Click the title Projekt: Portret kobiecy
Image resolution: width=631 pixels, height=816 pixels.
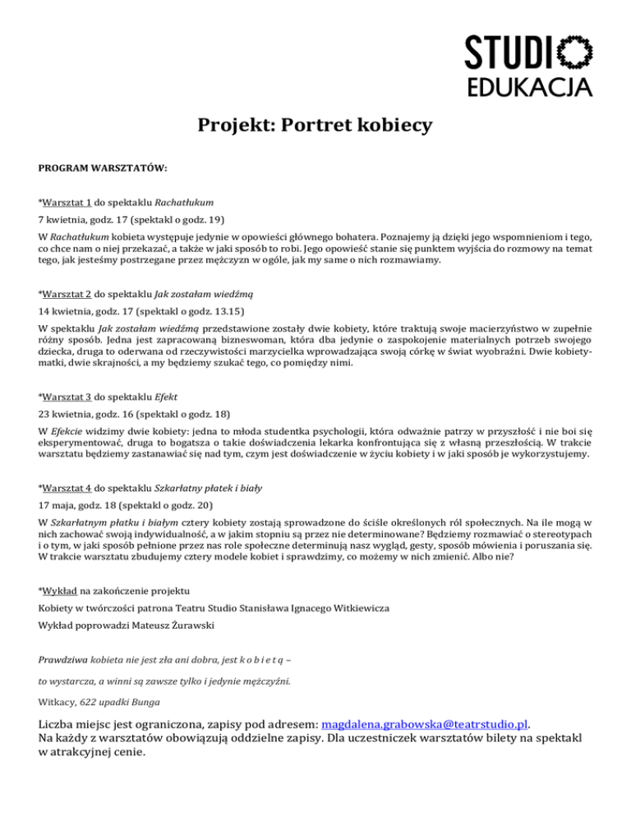pyautogui.click(x=315, y=126)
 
